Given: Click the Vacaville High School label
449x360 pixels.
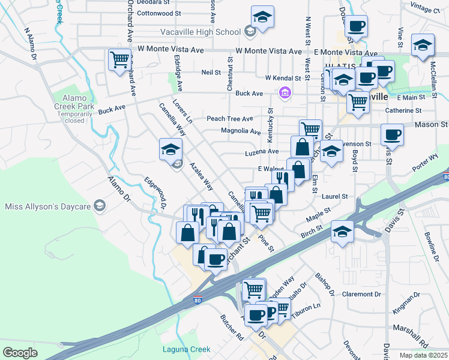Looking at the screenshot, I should coord(200,31).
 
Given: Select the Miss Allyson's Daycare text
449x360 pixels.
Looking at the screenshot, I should coord(47,207).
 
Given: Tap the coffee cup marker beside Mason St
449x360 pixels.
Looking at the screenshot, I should coord(392,134).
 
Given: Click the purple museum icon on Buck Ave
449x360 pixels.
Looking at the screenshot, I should coord(285,92).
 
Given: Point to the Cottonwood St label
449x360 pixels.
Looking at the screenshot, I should coord(159,13).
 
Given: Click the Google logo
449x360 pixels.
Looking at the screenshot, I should coord(20,353).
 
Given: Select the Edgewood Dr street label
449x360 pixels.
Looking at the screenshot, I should coord(155,194).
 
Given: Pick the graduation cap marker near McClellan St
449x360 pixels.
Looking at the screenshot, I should coord(423,45).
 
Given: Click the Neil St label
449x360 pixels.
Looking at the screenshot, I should coord(211,72).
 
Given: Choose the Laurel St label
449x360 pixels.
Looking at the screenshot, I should coord(336,196).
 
